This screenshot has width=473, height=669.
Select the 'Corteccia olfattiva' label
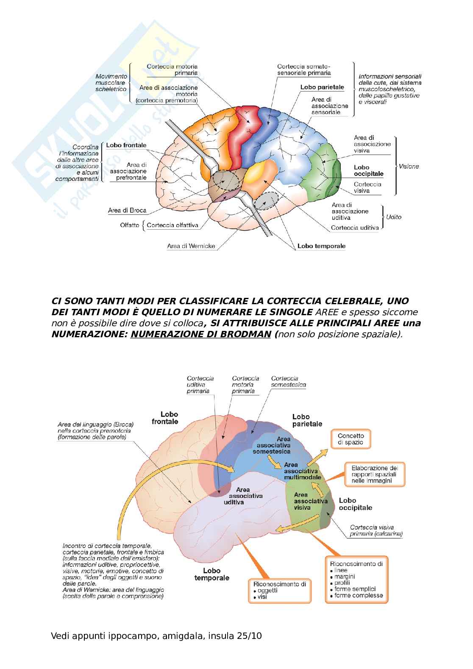(x=173, y=225)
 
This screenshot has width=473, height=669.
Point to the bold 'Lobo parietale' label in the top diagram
(x=322, y=87)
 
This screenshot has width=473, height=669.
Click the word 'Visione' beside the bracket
(x=409, y=167)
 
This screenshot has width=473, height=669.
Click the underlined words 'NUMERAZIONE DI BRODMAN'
(x=200, y=334)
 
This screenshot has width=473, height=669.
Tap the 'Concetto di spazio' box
(x=351, y=439)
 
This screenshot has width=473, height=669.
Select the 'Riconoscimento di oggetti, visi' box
(x=279, y=590)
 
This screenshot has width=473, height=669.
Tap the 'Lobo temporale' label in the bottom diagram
(x=211, y=574)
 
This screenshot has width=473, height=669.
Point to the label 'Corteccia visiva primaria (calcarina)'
(x=376, y=531)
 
